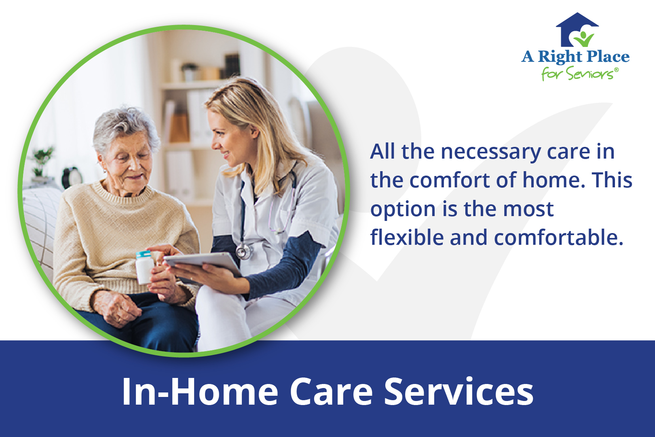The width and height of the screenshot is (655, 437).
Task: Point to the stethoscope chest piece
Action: [243, 252]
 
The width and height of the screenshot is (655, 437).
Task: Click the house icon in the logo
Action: [577, 30]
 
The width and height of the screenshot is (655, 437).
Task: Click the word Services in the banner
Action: [458, 392]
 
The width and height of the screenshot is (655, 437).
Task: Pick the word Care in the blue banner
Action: [331, 392]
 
